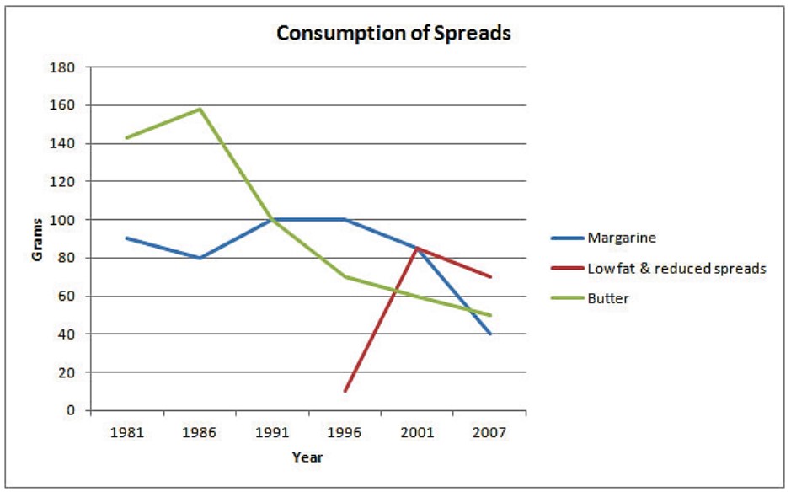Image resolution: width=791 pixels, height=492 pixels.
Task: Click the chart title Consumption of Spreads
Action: pyautogui.click(x=393, y=34)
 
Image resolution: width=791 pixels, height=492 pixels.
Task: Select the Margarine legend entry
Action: pyautogui.click(x=603, y=238)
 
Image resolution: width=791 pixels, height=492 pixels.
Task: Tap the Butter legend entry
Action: pyautogui.click(x=590, y=298)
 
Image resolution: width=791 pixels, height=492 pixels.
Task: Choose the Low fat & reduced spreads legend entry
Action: pyautogui.click(x=659, y=268)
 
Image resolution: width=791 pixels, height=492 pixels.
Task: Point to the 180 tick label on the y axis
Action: pyautogui.click(x=62, y=67)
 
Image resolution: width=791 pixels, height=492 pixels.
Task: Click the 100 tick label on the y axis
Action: pyautogui.click(x=62, y=220)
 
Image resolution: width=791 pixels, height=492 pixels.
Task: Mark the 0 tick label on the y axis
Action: pyautogui.click(x=70, y=410)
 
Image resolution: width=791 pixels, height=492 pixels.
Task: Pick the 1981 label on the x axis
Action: pyautogui.click(x=127, y=432)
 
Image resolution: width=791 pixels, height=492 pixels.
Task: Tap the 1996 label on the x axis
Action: pyautogui.click(x=345, y=432)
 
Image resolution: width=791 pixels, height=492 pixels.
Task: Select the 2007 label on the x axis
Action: pyautogui.click(x=489, y=432)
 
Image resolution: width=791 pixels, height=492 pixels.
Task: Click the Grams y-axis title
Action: pyautogui.click(x=37, y=239)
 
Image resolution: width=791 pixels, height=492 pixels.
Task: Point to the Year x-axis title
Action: pyautogui.click(x=307, y=457)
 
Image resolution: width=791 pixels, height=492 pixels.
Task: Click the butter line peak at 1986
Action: pyautogui.click(x=200, y=109)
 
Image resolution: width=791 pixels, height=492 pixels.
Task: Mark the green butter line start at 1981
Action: pyautogui.click(x=126, y=137)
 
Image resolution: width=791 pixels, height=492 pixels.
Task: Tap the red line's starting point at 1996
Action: pyautogui.click(x=345, y=391)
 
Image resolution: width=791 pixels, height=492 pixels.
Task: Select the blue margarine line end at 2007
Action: pyautogui.click(x=489, y=334)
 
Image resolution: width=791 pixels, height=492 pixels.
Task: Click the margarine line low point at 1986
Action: pyautogui.click(x=200, y=258)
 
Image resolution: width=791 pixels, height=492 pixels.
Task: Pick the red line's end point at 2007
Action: pyautogui.click(x=489, y=276)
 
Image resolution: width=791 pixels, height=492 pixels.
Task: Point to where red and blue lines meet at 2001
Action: pyautogui.click(x=417, y=248)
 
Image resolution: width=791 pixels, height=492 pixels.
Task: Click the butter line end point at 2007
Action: pyautogui.click(x=489, y=315)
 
